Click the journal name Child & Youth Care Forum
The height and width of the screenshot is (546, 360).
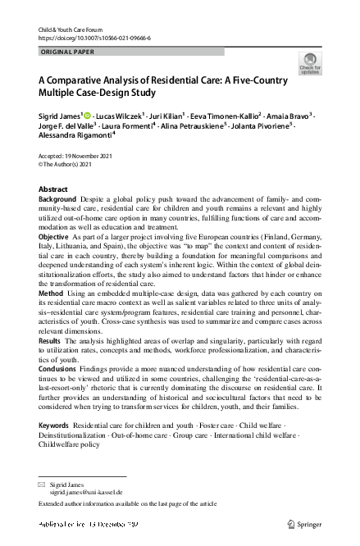tap(68, 30)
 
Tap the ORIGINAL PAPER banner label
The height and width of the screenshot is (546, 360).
tap(68, 52)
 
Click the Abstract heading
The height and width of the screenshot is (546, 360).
tap(53, 189)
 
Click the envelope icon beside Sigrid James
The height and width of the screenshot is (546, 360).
tap(42, 485)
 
